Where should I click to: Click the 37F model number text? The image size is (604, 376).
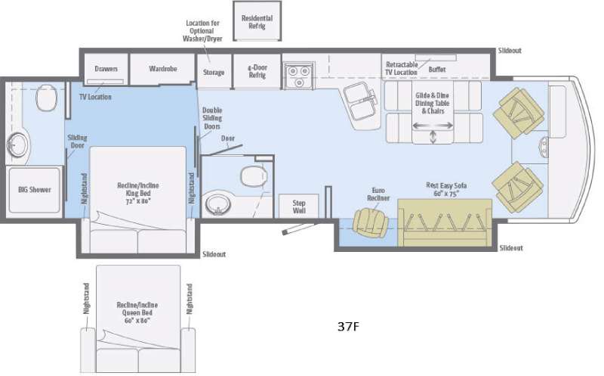[x=349, y=328]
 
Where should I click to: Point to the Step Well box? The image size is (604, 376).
[x=293, y=207]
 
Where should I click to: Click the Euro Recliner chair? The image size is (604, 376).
[x=369, y=220]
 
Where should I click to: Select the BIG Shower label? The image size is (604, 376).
[x=35, y=189]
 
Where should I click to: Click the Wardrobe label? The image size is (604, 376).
[x=162, y=69]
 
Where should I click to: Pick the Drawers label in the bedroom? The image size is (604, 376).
[x=106, y=69]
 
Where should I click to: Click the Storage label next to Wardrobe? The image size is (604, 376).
[x=214, y=72]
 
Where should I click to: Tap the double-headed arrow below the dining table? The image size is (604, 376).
[x=433, y=137]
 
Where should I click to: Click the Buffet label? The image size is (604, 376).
[x=437, y=69]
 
